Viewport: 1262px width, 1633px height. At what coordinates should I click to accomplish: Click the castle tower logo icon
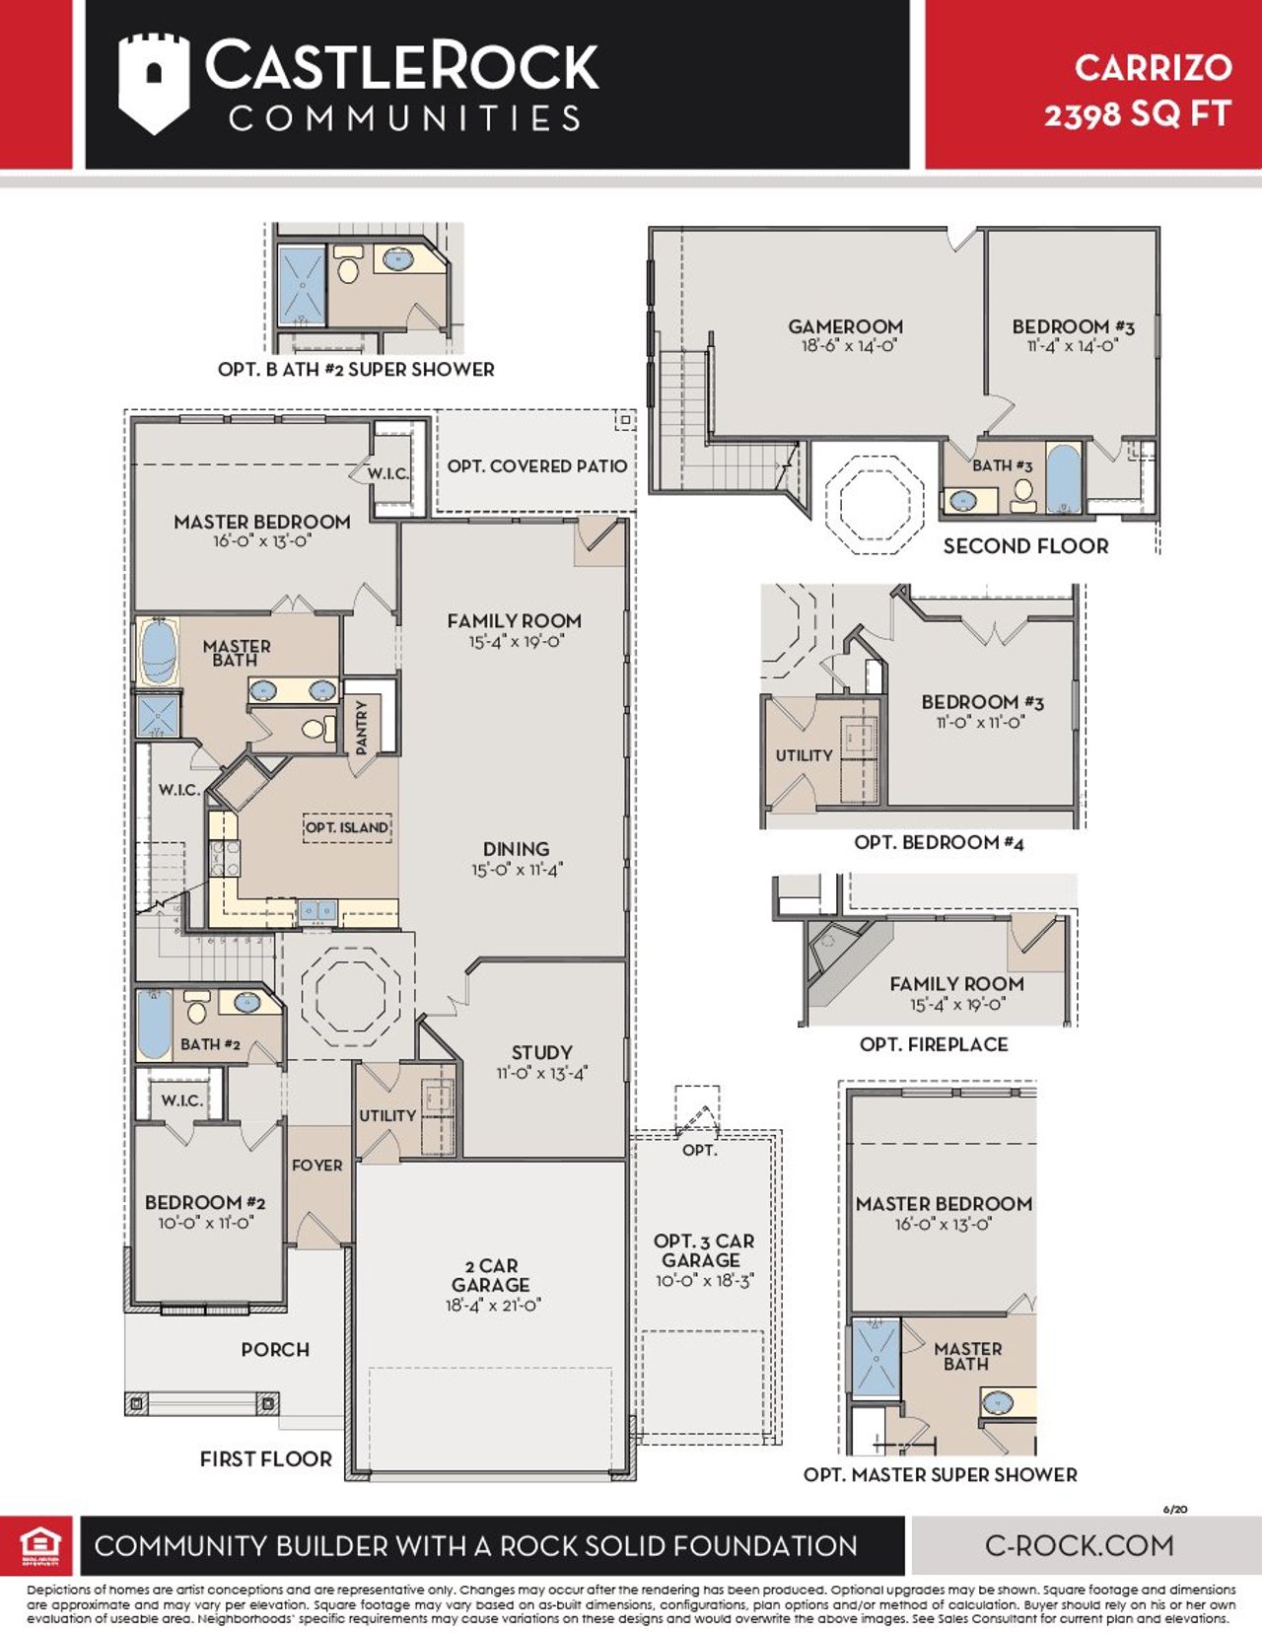[153, 83]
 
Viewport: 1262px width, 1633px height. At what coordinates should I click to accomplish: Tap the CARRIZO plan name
[1153, 67]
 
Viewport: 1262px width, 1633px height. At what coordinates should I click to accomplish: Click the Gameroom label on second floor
[845, 326]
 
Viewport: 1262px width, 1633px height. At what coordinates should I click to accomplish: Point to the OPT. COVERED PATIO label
[536, 465]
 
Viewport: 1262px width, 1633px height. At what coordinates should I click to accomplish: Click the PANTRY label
[361, 728]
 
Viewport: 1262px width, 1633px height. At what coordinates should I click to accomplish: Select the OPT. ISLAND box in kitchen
[346, 827]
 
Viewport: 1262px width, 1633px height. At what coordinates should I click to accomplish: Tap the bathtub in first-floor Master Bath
[158, 652]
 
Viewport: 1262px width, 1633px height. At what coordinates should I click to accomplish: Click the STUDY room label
[541, 1052]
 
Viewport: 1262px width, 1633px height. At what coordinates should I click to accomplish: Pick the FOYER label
[316, 1165]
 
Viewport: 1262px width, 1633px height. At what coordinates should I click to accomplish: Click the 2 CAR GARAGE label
[490, 1275]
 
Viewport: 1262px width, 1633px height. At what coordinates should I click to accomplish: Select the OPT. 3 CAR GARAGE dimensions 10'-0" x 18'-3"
[705, 1281]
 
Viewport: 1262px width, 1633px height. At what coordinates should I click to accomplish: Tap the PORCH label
[275, 1349]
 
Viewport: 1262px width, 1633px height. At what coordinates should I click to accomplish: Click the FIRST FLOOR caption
[265, 1458]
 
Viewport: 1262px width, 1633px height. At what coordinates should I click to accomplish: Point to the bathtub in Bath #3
[1063, 480]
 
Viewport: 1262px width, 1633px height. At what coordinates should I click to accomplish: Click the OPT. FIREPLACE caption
[934, 1044]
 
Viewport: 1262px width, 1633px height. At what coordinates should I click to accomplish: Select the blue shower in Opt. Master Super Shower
[876, 1357]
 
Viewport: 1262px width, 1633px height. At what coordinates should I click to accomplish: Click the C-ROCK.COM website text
[1080, 1545]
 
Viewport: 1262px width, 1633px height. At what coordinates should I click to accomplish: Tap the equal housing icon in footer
[39, 1545]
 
